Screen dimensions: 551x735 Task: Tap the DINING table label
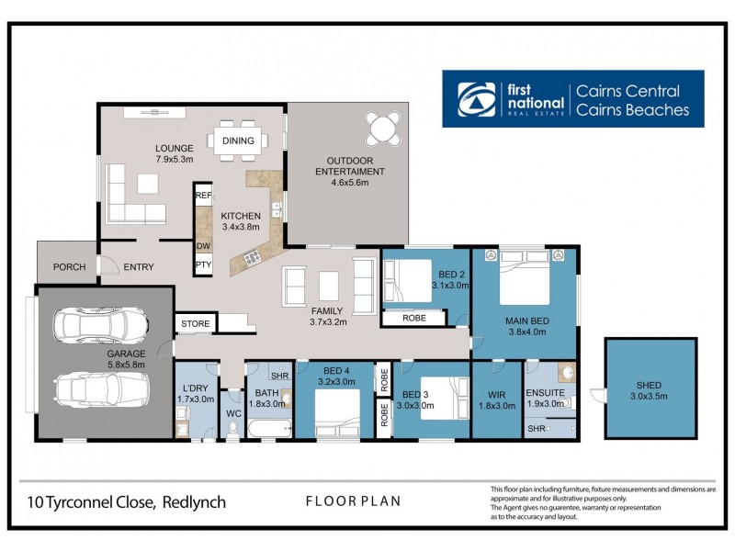pos(238,141)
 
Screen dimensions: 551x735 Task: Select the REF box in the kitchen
pos(203,196)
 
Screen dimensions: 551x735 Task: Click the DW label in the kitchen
pos(203,246)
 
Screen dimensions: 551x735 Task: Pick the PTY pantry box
pos(203,265)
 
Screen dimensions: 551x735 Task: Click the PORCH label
pos(68,267)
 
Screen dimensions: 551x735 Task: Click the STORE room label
pos(195,324)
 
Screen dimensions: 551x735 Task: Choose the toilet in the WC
pos(232,429)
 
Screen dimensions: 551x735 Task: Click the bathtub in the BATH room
pos(266,429)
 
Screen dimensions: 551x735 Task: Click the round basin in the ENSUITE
pos(567,374)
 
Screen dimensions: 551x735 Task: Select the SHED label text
pos(649,386)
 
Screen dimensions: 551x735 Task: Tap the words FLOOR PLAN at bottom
pos(353,501)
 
